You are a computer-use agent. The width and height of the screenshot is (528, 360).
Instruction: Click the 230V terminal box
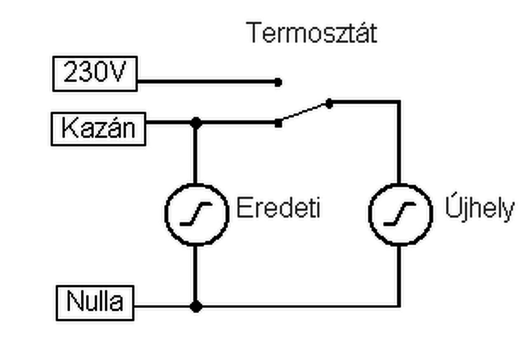tap(95, 73)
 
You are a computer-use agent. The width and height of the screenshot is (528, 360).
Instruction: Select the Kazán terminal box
tap(98, 128)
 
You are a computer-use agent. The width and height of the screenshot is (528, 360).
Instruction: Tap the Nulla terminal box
tap(95, 302)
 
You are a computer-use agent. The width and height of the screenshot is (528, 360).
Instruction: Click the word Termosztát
tap(312, 33)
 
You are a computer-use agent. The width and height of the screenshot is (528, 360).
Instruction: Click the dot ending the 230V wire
tap(278, 82)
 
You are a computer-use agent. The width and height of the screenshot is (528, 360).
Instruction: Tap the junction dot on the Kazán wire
tap(196, 123)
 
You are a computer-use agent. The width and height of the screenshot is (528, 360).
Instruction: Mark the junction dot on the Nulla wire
tap(196, 307)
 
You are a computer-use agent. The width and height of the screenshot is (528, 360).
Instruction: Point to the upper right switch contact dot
tap(329, 104)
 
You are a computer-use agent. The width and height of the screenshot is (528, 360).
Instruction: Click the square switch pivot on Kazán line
tap(278, 123)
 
